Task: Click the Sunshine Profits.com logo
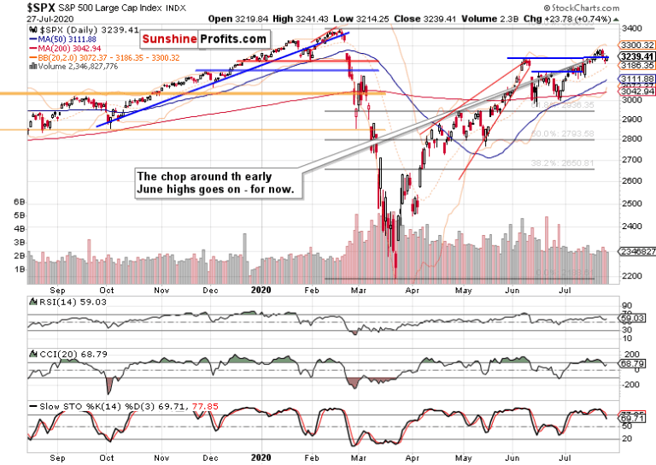point(204,39)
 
